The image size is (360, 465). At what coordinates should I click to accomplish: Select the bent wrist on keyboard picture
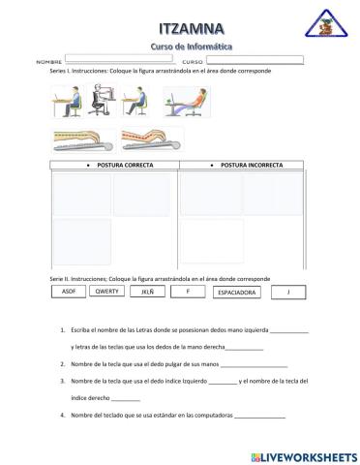click(150, 140)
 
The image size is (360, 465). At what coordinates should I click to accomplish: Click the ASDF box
click(68, 291)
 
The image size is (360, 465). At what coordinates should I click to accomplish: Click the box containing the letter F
click(188, 291)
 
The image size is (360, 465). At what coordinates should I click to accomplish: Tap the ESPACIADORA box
click(236, 292)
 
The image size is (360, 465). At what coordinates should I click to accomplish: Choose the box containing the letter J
click(287, 291)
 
